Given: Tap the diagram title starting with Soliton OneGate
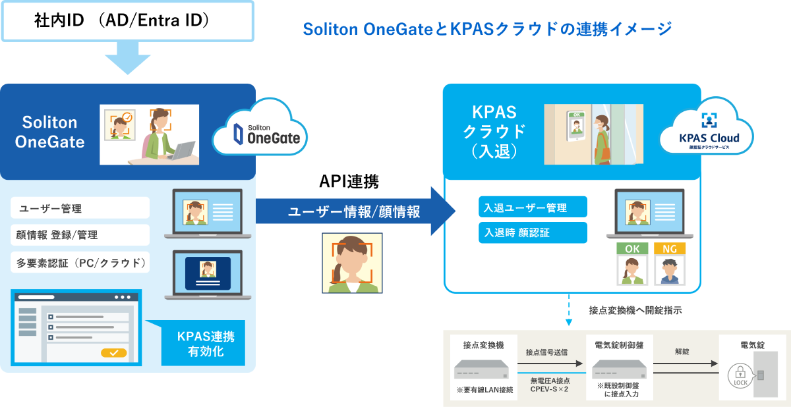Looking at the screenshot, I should (x=487, y=29).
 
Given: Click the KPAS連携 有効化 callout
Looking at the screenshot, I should (x=205, y=343).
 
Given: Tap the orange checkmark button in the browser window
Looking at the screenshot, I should (x=113, y=352).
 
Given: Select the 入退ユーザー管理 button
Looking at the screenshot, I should (x=533, y=207).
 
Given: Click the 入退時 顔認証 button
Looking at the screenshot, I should (x=533, y=232).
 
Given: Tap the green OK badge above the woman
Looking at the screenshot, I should (x=631, y=248).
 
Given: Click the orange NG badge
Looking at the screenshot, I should (x=670, y=248).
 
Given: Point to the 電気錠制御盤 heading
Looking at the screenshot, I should (x=619, y=344).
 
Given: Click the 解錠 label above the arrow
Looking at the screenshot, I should (x=682, y=352).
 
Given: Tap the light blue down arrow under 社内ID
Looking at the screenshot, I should (x=127, y=58).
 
